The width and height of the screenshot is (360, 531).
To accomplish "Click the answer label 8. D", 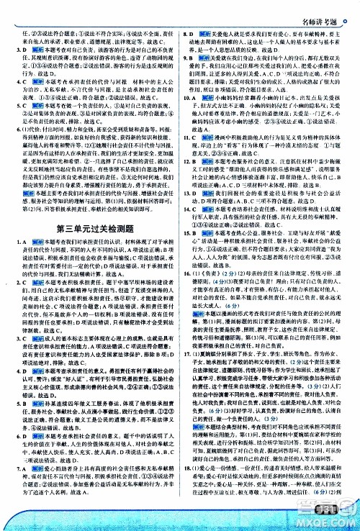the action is pos(190,33).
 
